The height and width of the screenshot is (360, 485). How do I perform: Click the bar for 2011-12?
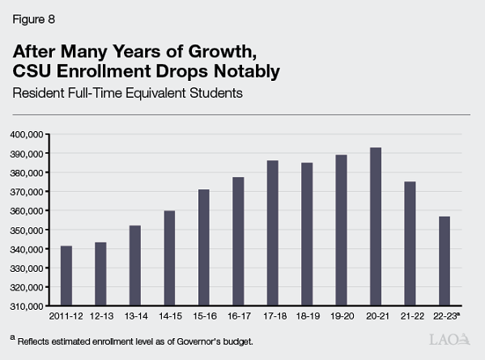tap(66, 276)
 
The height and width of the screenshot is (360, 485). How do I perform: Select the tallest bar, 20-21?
tap(399, 227)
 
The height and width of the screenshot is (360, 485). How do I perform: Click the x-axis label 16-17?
tap(238, 317)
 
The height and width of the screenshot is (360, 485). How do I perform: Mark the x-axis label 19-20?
tap(342, 317)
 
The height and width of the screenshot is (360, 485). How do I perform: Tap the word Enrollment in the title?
tap(125, 71)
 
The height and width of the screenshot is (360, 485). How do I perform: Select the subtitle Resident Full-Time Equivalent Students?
tap(128, 93)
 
